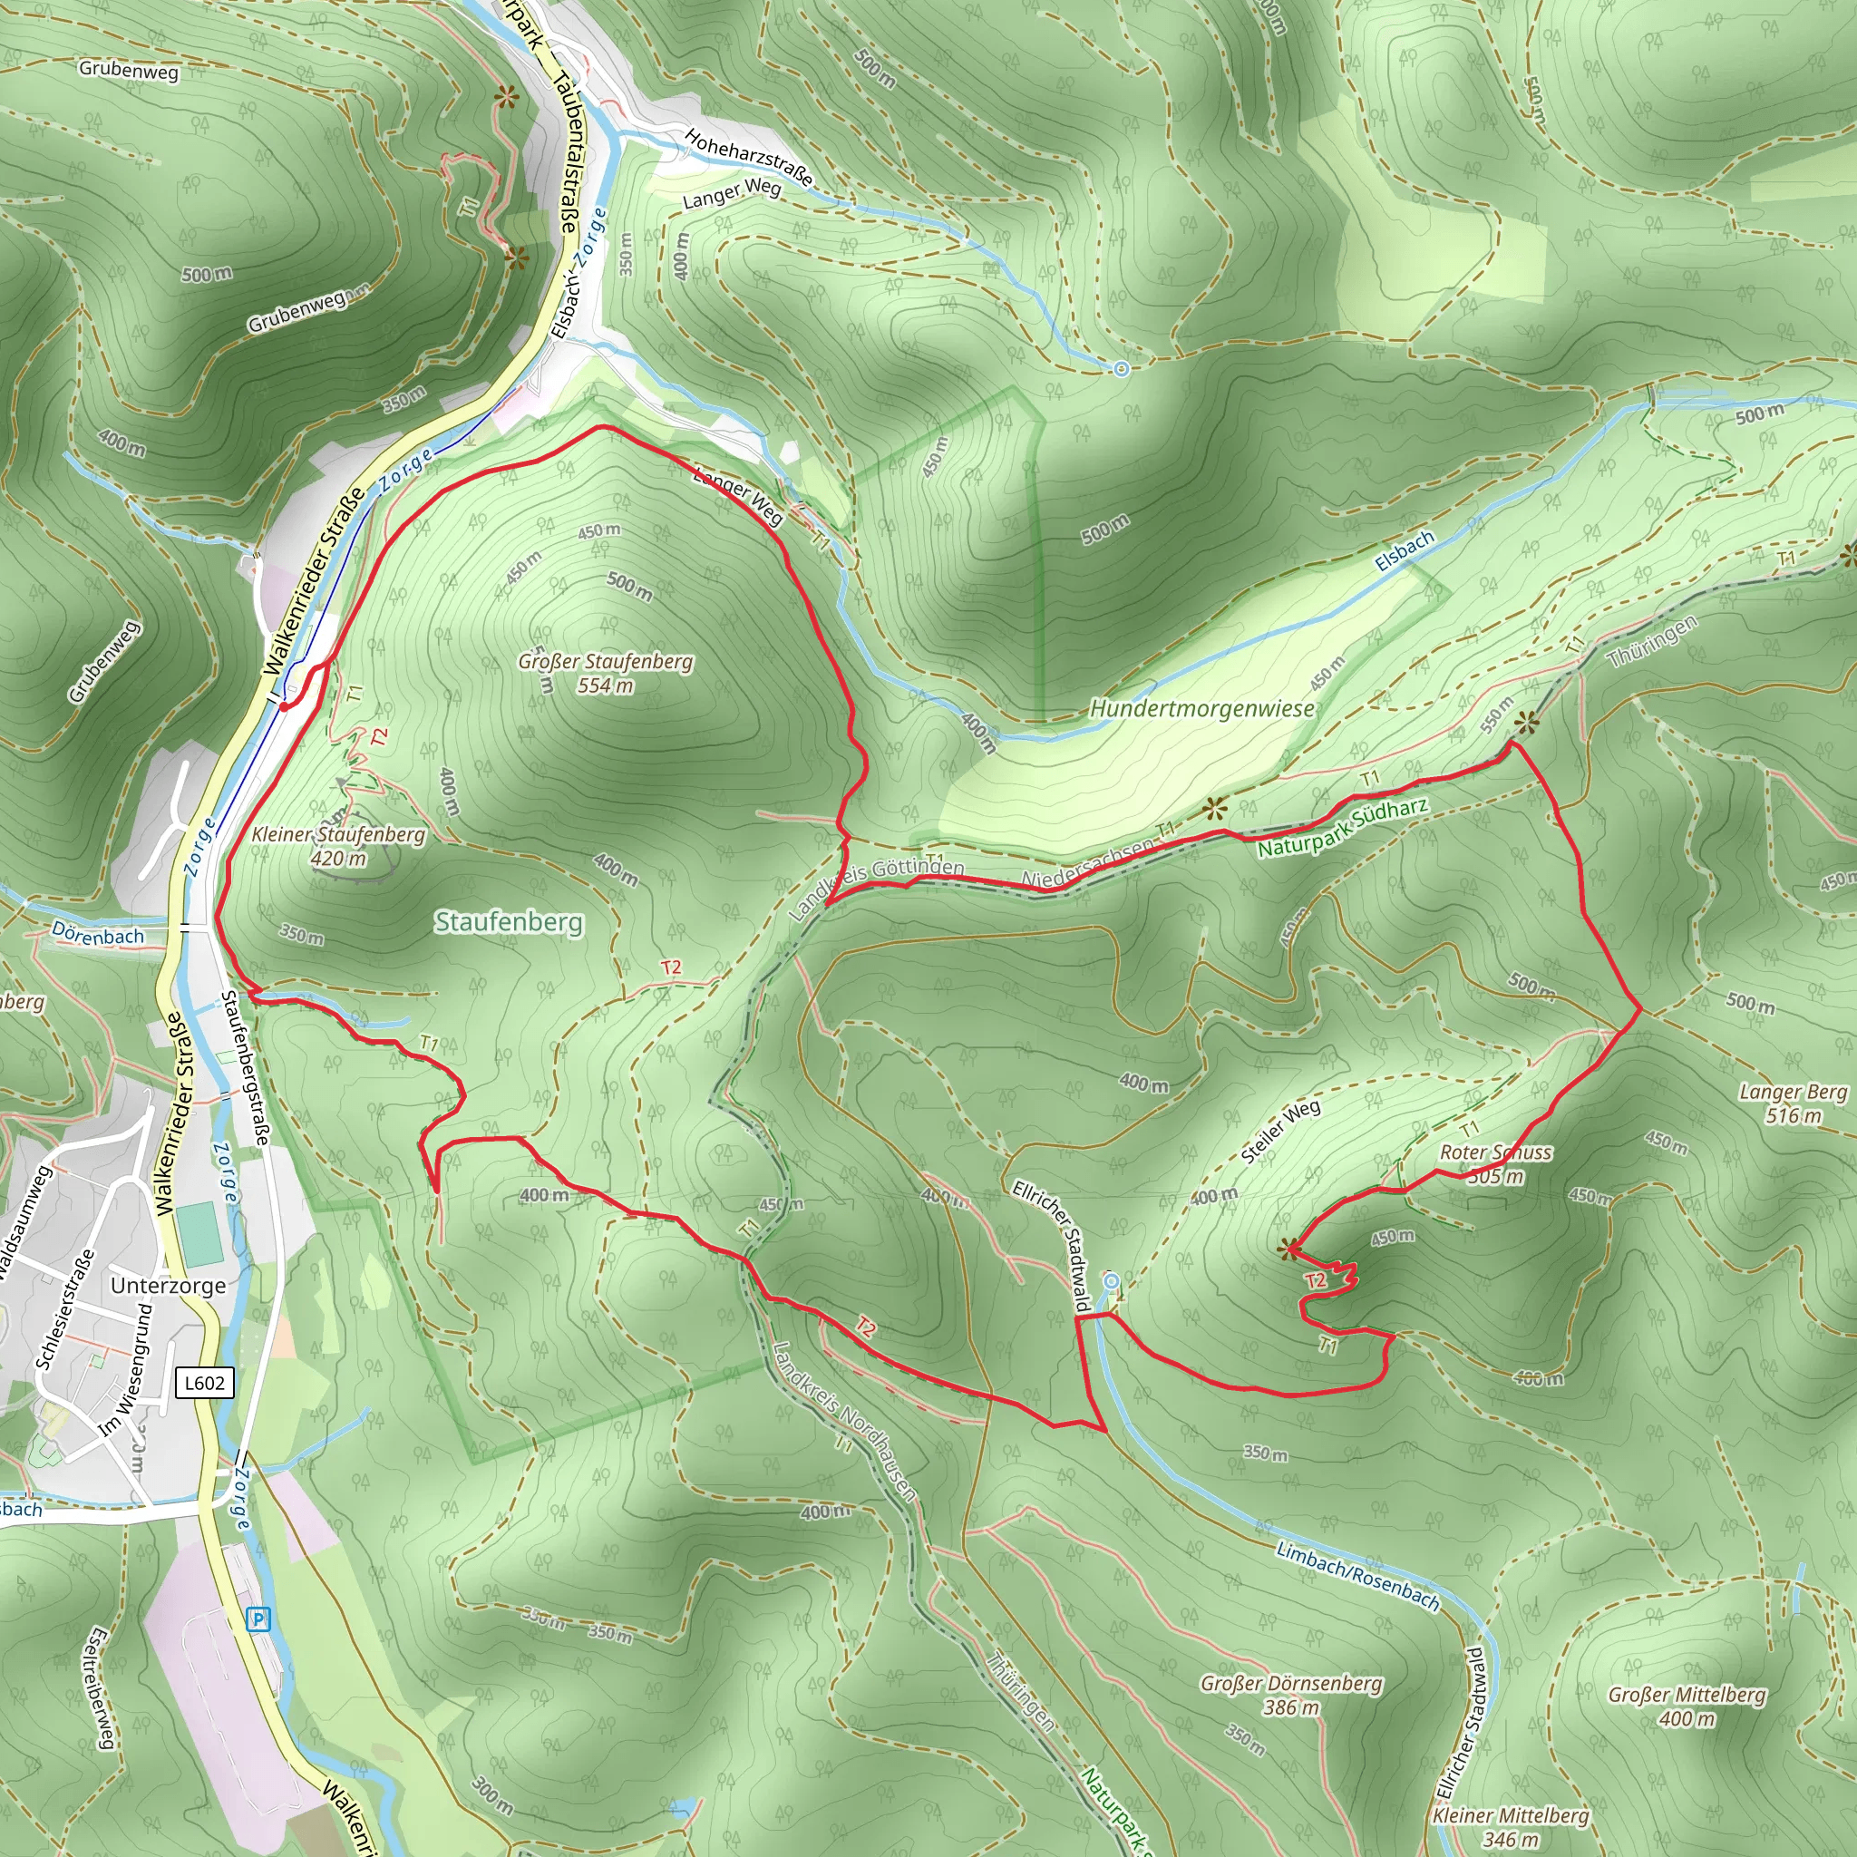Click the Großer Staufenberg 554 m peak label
pos(606,673)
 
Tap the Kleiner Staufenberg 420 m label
pos(338,846)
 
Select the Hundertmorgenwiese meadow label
pos(1201,708)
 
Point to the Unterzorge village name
pos(169,1285)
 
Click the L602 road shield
pos(204,1383)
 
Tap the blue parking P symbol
pos(258,1620)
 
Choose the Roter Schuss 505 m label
pos(1495,1163)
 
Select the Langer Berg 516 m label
pos(1794,1104)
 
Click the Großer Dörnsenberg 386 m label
pos(1291,1695)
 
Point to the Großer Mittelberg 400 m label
pos(1687,1706)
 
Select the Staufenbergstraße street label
pos(245,1068)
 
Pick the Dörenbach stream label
pos(97,933)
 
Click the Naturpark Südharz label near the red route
pos(1343,828)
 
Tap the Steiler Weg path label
pos(1280,1132)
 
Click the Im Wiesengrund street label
pos(126,1370)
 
